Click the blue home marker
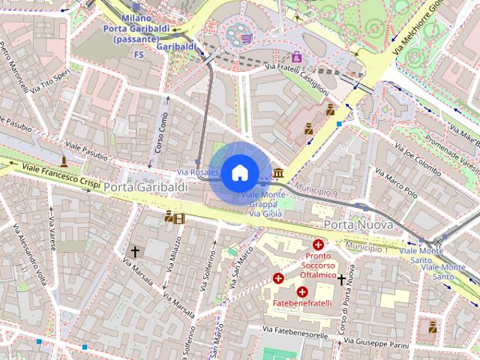click(x=238, y=173)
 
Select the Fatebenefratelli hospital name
click(x=301, y=304)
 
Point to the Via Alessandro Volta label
click(x=32, y=255)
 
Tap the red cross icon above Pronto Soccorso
click(x=319, y=244)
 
